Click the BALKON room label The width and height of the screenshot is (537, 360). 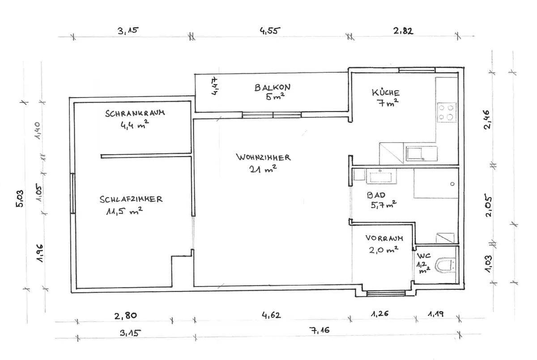[273, 87]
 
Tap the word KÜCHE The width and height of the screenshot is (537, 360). [386, 93]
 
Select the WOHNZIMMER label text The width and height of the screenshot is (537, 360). [264, 157]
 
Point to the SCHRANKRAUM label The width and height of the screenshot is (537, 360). [135, 113]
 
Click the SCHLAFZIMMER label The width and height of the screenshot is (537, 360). [131, 199]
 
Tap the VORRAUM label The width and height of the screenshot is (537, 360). [384, 238]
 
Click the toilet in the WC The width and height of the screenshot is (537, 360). [445, 265]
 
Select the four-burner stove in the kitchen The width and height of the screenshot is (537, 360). [447, 112]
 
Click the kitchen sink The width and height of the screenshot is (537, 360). [422, 154]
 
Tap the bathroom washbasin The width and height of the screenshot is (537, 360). [381, 176]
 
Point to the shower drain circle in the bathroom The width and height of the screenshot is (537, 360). [452, 184]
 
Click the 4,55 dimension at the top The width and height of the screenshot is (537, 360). [270, 31]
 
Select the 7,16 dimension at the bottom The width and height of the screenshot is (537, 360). [320, 330]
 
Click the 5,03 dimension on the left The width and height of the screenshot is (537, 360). [20, 198]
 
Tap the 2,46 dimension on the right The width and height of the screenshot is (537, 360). [487, 120]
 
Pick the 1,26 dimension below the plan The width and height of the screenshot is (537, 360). [380, 314]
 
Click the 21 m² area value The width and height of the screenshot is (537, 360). [263, 169]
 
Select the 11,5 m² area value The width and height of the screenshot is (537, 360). [124, 211]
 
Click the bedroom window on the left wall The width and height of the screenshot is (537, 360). [73, 193]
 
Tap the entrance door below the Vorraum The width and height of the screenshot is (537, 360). [386, 293]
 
